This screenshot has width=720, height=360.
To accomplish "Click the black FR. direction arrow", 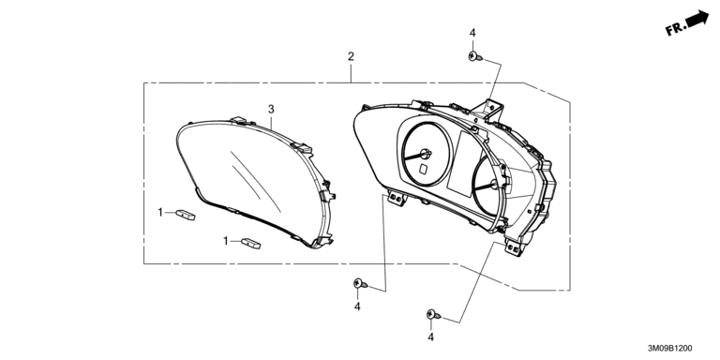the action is coord(697,18).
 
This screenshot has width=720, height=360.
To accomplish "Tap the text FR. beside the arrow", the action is coord(674,30).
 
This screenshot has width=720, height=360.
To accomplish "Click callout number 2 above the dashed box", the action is coord(351,56).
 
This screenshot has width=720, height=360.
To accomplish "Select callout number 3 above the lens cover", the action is coord(271,109).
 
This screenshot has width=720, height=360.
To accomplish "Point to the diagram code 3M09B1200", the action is coord(670,349).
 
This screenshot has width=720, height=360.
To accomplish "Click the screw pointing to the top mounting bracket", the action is coord(475,57).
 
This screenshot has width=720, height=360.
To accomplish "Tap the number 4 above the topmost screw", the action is coord(472,33).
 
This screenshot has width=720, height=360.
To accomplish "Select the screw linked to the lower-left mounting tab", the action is coord(360,284).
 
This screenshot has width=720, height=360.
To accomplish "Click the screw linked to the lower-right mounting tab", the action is coord(433,315).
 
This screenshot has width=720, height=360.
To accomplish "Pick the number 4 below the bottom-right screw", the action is coord(430,337).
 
